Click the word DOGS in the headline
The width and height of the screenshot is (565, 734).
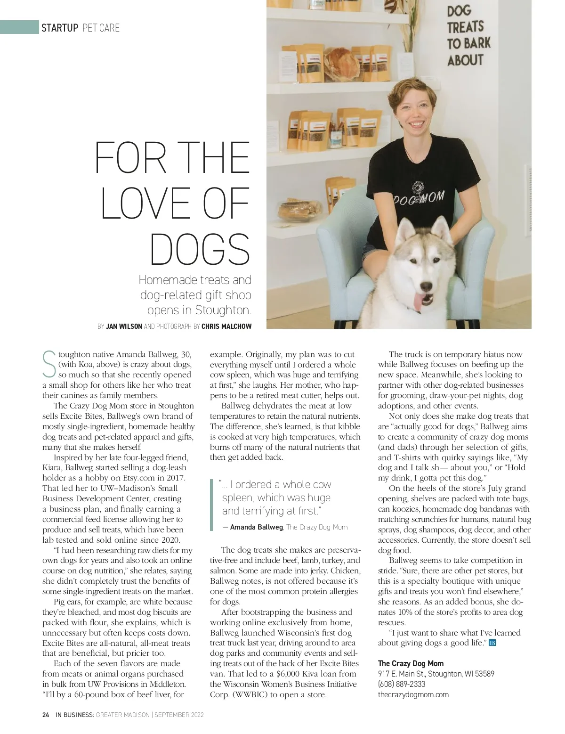click(x=200, y=249)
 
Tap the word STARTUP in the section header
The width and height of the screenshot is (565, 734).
click(x=60, y=28)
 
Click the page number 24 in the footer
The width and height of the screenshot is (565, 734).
click(x=46, y=715)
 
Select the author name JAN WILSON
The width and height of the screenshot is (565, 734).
click(x=124, y=326)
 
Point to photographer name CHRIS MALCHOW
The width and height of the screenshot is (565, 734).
click(x=226, y=326)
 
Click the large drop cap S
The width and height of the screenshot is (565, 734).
click(x=49, y=364)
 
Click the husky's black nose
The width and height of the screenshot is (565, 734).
click(x=426, y=285)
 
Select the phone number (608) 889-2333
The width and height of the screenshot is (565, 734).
click(x=401, y=684)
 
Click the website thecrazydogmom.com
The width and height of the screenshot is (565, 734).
click(x=413, y=694)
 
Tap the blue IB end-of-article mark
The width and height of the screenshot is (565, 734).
click(x=492, y=643)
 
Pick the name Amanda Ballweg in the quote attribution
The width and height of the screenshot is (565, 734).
click(x=256, y=527)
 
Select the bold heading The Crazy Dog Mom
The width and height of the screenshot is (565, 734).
click(x=411, y=663)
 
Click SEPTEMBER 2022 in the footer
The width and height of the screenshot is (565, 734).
click(x=179, y=715)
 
